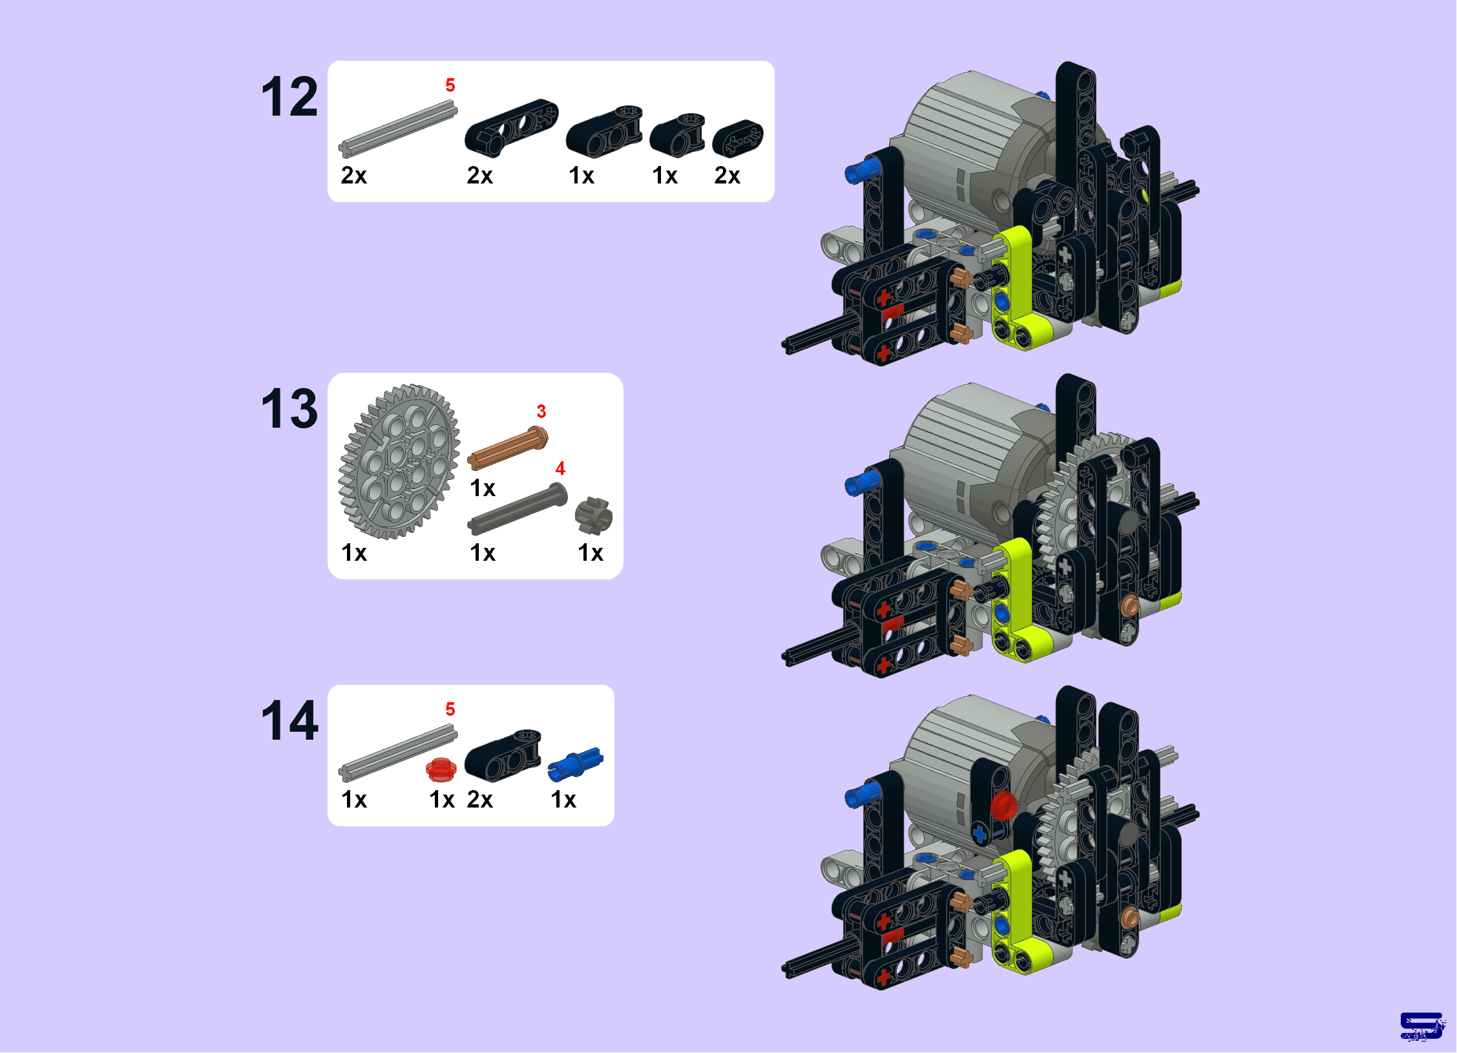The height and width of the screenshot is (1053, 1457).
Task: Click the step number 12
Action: pos(289,97)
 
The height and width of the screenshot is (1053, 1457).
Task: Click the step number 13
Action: pos(289,408)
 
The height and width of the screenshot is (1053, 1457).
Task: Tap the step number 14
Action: pos(289,720)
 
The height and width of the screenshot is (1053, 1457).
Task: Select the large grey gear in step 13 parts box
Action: pos(399,461)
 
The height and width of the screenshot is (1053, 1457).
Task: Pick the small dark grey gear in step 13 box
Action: pos(593,516)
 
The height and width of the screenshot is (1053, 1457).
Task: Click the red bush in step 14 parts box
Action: pos(441,769)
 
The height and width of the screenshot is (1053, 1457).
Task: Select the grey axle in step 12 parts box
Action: pos(397,129)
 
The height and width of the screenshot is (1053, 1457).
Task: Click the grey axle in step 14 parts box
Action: pos(397,753)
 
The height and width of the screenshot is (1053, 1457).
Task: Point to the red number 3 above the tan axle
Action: pos(541,412)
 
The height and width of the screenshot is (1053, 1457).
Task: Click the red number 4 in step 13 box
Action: pos(560,468)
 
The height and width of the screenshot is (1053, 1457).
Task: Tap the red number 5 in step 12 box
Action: pos(450,85)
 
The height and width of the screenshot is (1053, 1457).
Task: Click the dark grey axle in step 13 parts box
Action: pos(518,508)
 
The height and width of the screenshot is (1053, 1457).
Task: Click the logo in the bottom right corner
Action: pos(1422,1026)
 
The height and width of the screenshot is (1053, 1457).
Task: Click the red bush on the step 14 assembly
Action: pos(1003,805)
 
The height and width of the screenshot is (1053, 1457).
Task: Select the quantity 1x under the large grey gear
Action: pos(354,553)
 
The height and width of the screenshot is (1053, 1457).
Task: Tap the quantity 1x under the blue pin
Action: pos(563,800)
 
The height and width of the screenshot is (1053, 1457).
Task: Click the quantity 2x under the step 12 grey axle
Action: pos(354,175)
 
